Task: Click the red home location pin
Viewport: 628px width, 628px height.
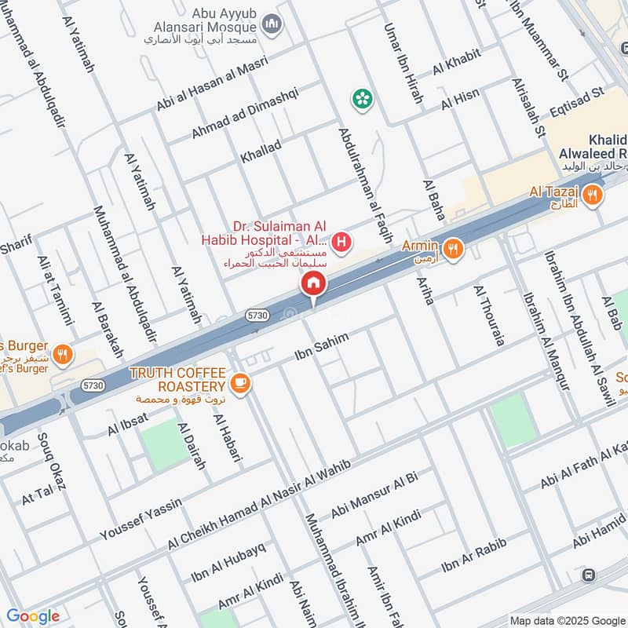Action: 313,283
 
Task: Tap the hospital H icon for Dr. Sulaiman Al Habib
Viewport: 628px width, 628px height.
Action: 341,243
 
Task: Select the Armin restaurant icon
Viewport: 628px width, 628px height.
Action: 452,250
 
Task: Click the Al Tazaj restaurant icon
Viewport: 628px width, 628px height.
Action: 593,193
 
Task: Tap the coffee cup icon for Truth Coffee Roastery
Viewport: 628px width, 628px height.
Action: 240,382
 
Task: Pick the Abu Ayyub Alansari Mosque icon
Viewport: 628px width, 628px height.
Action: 272,26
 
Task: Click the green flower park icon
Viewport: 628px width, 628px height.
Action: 362,98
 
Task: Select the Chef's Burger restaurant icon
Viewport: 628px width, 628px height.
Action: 64,356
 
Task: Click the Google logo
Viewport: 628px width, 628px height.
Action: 33,616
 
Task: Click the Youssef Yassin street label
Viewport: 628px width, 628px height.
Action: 141,519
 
